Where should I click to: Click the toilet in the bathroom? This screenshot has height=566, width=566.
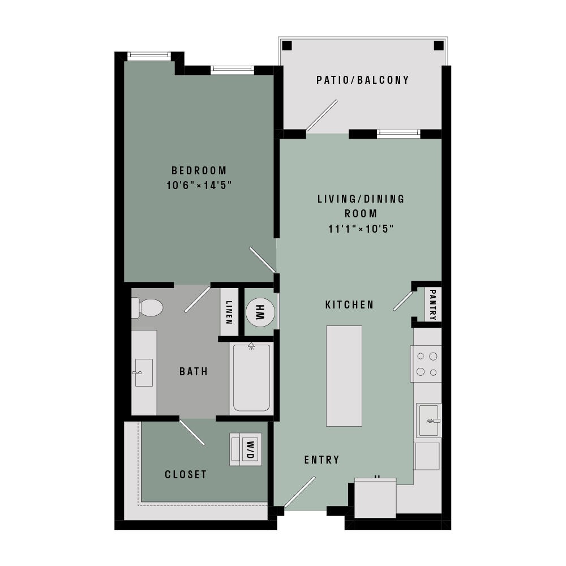click(147, 307)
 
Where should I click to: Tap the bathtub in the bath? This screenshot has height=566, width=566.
click(251, 378)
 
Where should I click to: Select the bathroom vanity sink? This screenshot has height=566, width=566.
click(144, 372)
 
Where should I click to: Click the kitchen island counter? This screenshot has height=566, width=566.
click(344, 376)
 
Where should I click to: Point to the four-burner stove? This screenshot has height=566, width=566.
click(426, 364)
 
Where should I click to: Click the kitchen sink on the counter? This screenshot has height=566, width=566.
click(429, 420)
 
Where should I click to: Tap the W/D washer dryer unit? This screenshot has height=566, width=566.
click(246, 449)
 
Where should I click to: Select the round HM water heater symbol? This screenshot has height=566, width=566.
click(260, 312)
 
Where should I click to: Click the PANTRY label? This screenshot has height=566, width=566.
click(433, 305)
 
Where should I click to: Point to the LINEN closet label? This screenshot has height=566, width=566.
click(229, 312)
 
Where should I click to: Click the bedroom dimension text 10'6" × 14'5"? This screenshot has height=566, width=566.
click(199, 186)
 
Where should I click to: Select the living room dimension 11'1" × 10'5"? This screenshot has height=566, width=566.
click(361, 229)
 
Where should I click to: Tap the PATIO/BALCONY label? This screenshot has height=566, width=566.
click(363, 80)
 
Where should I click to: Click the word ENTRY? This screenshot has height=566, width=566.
click(322, 460)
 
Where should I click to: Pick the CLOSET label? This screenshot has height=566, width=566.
click(186, 474)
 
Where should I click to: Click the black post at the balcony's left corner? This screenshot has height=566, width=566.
click(286, 46)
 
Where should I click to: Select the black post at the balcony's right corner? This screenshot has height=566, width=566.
click(439, 46)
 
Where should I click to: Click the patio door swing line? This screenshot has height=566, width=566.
click(321, 115)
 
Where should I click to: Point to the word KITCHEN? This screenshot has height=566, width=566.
click(349, 305)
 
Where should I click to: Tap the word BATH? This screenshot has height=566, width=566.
click(194, 371)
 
